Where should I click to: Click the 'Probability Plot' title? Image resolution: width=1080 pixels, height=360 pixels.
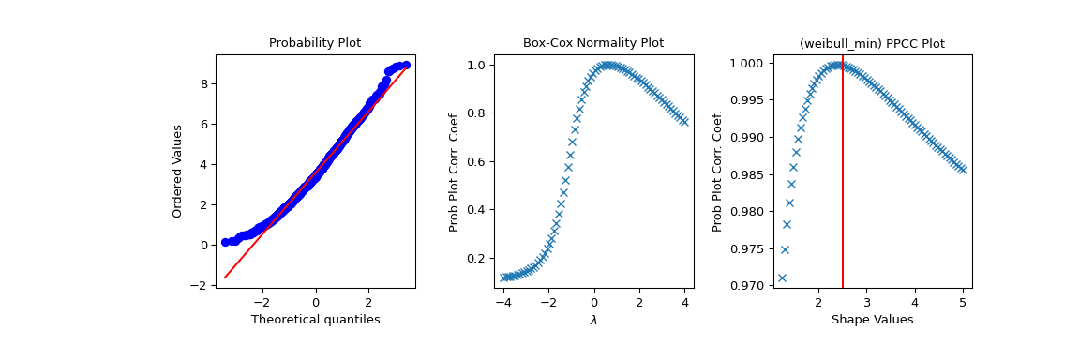click(315, 43)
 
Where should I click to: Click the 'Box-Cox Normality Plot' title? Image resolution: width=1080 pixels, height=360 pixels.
click(592, 43)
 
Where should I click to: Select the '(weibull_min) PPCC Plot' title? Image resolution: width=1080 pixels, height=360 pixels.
click(871, 43)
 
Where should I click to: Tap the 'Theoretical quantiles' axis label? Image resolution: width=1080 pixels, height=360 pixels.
click(315, 320)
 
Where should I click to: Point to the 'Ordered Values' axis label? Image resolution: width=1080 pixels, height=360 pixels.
click(177, 171)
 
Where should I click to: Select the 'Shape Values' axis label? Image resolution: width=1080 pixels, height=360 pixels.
click(871, 320)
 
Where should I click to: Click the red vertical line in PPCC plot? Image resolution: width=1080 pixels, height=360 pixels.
click(843, 187)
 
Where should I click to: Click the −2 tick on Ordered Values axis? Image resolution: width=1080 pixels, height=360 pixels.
click(202, 285)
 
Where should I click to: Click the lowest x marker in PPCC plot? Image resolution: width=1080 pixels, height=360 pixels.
click(782, 277)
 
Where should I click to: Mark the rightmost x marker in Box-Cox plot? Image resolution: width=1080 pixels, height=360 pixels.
click(684, 122)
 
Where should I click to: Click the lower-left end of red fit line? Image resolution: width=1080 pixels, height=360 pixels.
click(225, 277)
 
